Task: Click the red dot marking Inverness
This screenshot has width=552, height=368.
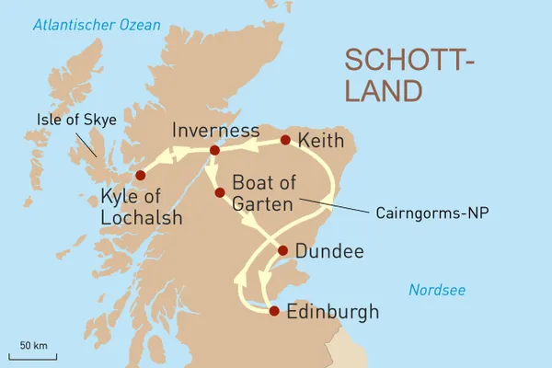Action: (214, 150)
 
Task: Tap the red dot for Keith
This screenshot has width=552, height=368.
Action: (285, 140)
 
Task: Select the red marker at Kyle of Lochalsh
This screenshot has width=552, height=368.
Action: (140, 175)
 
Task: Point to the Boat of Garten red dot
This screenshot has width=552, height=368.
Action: (220, 192)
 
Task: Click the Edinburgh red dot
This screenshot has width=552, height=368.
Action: (273, 311)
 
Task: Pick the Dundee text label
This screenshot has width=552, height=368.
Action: (328, 251)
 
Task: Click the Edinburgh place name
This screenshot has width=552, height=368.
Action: (332, 312)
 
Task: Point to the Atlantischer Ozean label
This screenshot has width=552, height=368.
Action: (95, 25)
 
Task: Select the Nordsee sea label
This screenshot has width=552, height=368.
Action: (437, 291)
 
